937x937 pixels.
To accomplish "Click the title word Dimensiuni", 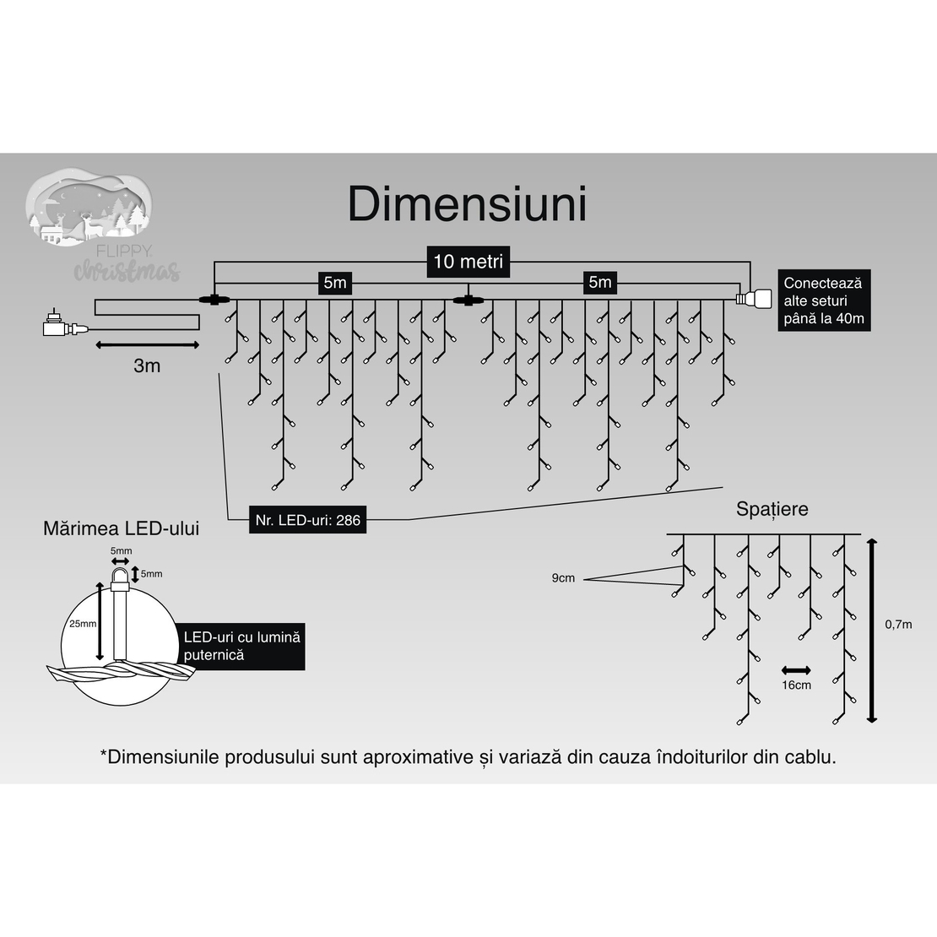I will tap(467, 205).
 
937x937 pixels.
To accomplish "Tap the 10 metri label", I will tap(468, 262).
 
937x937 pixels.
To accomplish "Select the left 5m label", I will tap(334, 283).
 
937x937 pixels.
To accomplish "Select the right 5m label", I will tap(599, 282).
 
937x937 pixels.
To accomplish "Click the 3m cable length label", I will tap(147, 366).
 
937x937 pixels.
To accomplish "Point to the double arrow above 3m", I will tap(147, 344).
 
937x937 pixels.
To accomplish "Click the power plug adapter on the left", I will tap(57, 325).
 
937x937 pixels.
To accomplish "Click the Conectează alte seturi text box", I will tap(823, 301).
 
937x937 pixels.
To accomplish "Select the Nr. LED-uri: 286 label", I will tap(308, 520).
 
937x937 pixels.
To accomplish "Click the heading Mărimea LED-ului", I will tap(122, 529).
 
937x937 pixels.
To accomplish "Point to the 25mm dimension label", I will tap(83, 623).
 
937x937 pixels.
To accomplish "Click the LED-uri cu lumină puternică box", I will tap(242, 646).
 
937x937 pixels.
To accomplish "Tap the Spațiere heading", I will tap(772, 509).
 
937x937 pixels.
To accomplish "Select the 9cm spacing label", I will tap(563, 578).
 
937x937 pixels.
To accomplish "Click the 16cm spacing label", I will tap(796, 685).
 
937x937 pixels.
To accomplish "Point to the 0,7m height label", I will tap(898, 625).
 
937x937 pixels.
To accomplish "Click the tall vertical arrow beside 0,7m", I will tap(872, 628).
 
